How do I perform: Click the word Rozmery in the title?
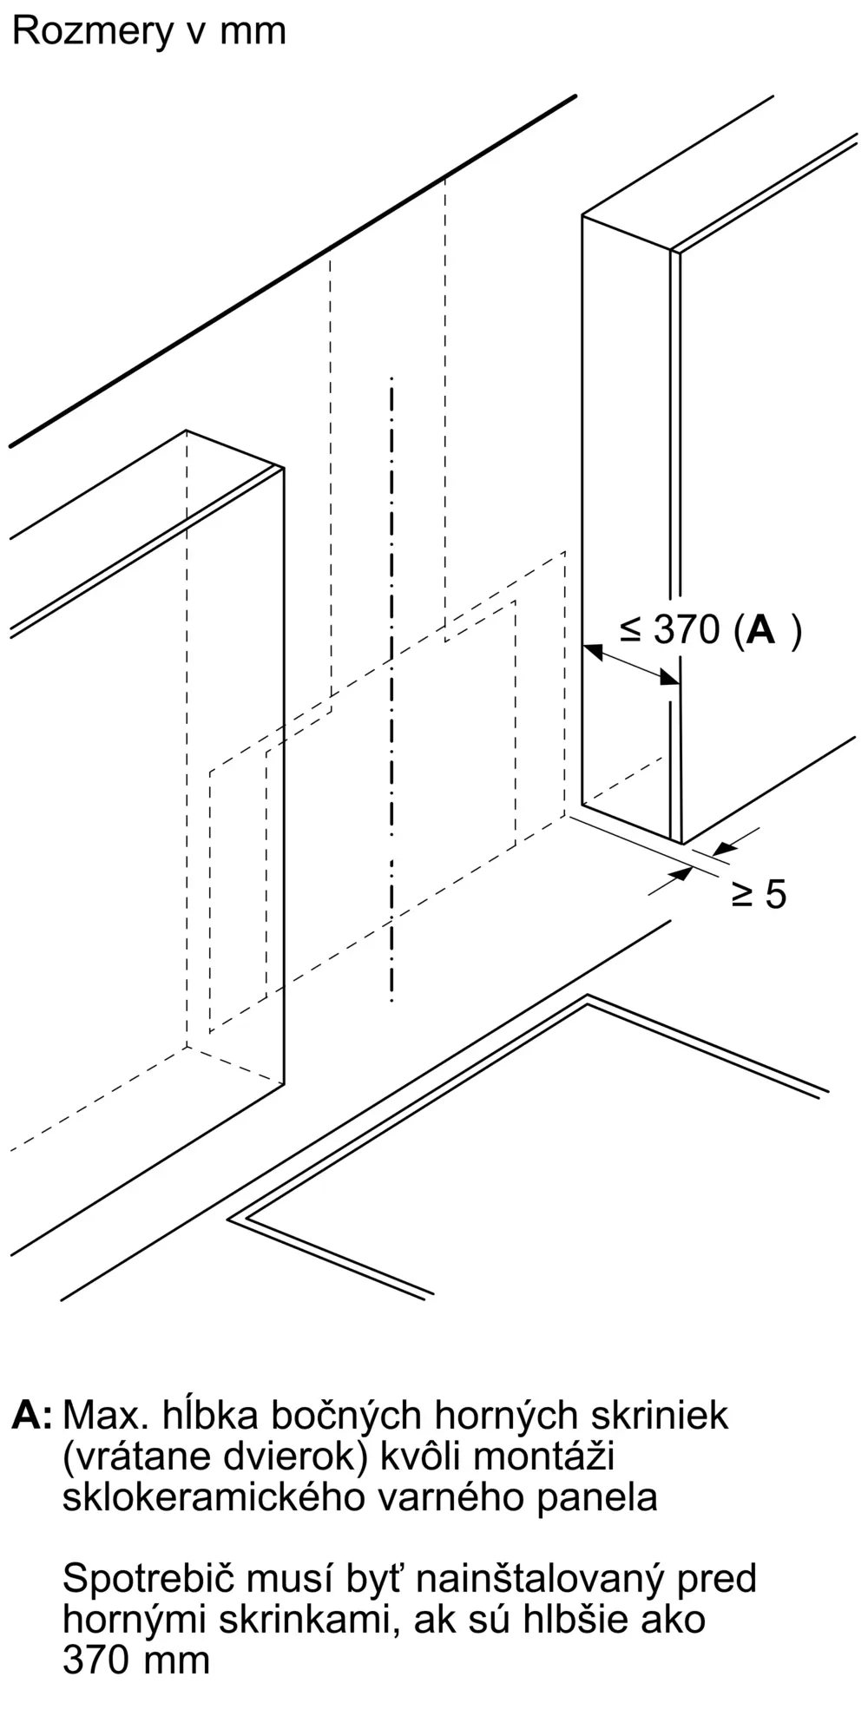point(93,31)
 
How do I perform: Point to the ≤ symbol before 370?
point(631,629)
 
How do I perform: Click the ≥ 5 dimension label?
point(759,893)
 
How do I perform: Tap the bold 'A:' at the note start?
point(32,1416)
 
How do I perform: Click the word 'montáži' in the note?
point(545,1457)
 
